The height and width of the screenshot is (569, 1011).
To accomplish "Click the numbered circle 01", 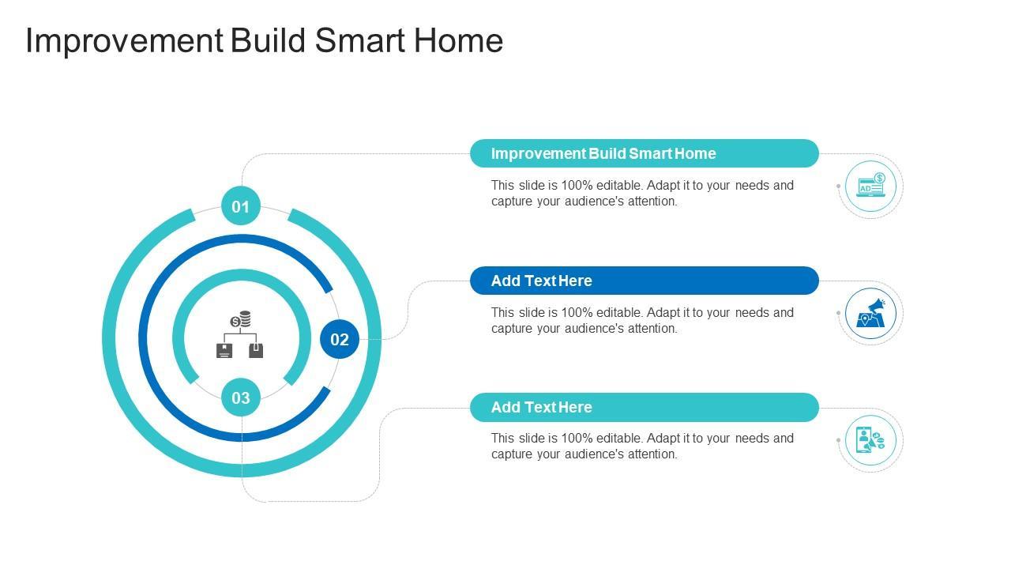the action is pyautogui.click(x=241, y=206).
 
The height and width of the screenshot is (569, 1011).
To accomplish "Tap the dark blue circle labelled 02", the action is pyautogui.click(x=340, y=339).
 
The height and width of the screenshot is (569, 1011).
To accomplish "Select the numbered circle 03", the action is pyautogui.click(x=241, y=398).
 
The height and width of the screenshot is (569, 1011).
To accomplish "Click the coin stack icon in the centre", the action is pyautogui.click(x=241, y=318).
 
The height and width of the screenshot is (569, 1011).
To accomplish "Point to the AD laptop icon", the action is pyautogui.click(x=870, y=186).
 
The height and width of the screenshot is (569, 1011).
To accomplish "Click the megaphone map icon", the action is pyautogui.click(x=870, y=313).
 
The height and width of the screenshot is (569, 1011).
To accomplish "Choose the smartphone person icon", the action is pyautogui.click(x=870, y=440).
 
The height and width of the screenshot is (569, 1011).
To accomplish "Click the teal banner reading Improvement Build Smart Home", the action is pyautogui.click(x=644, y=153).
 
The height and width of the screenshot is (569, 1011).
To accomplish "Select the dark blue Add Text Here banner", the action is pyautogui.click(x=644, y=281).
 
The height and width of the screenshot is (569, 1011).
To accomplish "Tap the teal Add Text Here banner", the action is pyautogui.click(x=644, y=407).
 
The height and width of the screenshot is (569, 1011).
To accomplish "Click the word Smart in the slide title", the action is pyautogui.click(x=359, y=40).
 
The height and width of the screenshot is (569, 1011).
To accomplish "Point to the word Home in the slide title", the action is pyautogui.click(x=458, y=40).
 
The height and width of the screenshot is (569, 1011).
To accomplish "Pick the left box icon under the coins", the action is pyautogui.click(x=224, y=350).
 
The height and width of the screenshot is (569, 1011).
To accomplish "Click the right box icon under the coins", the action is pyautogui.click(x=256, y=350).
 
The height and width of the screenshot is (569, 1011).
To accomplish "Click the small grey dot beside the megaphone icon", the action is pyautogui.click(x=838, y=313).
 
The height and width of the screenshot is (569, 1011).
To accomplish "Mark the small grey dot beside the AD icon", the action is pyautogui.click(x=838, y=186).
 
